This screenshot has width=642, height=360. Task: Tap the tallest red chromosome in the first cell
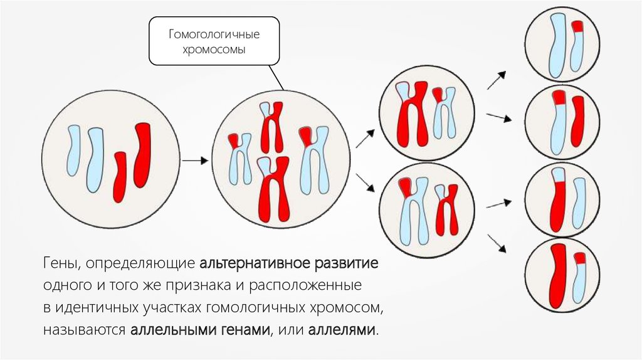(142, 155)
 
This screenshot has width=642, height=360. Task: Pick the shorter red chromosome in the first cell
(120, 176)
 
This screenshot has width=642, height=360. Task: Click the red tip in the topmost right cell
(579, 26)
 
